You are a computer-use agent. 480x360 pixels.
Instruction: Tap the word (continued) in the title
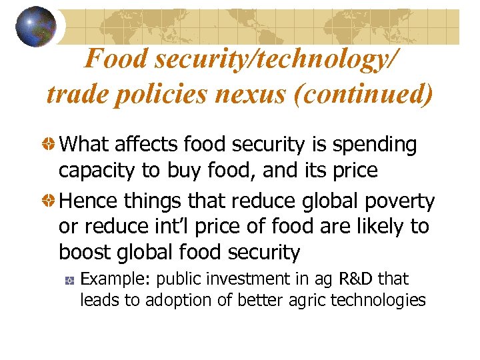coord(369,94)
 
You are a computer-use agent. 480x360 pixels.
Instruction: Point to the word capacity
coord(97,171)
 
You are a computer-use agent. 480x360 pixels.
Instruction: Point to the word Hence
coord(85,200)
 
